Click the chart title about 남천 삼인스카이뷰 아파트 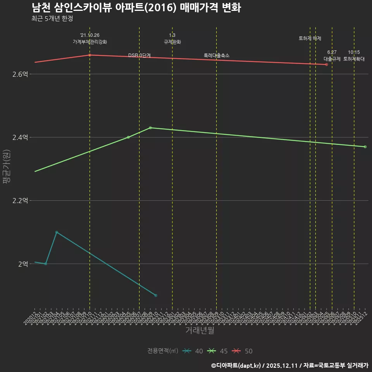[136, 7]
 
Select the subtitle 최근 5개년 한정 [52, 18]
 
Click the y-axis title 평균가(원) [7, 169]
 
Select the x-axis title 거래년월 [200, 330]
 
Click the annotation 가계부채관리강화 [90, 42]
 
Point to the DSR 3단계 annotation [139, 56]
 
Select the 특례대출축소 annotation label [217, 56]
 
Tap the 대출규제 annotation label [332, 59]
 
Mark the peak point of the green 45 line [150, 127]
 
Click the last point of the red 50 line [327, 64]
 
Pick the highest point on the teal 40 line [57, 232]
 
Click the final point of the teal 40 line [156, 295]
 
